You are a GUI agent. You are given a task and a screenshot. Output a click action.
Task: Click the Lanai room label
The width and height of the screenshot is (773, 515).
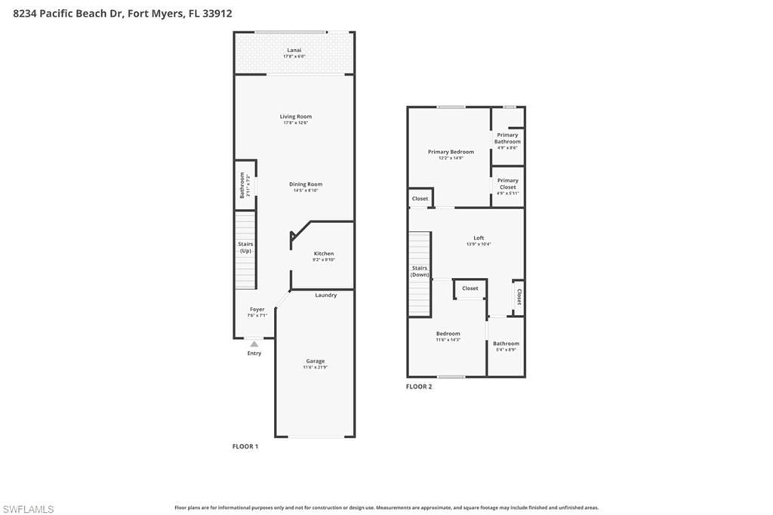(294, 51)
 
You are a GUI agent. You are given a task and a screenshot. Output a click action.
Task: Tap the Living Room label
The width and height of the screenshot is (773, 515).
(295, 116)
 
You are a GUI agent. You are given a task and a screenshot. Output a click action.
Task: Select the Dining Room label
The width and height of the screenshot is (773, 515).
(306, 184)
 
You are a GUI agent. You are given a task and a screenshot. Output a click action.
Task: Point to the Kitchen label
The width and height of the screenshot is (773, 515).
(323, 254)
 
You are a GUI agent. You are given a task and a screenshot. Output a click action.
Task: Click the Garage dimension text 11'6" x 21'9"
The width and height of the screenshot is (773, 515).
(315, 368)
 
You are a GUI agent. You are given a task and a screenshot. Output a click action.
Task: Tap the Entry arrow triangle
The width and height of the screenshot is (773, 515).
(254, 344)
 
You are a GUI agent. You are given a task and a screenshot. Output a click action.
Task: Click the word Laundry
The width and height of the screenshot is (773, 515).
(325, 295)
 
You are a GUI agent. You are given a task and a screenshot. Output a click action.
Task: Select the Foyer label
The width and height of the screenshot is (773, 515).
(257, 310)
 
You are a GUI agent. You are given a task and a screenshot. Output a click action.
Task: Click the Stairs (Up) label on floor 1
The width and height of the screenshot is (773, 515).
(245, 248)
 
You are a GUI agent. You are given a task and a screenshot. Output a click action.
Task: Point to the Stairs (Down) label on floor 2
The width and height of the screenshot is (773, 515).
(420, 271)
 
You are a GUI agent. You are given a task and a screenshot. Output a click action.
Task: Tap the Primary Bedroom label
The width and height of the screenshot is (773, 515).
(451, 152)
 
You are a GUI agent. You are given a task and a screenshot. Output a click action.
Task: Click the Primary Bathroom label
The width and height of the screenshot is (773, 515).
(507, 138)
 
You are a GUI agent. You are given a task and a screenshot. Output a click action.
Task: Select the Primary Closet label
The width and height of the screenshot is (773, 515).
(507, 183)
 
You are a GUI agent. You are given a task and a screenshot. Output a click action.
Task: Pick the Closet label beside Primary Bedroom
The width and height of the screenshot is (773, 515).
(420, 199)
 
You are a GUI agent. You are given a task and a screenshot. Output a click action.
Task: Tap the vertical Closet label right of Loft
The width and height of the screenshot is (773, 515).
(519, 297)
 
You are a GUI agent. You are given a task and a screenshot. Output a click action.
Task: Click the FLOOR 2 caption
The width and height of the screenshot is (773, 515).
(419, 387)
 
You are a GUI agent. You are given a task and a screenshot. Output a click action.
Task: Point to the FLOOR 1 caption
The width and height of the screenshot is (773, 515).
(245, 446)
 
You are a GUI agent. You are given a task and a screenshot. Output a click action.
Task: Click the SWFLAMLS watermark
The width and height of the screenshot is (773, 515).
(28, 509)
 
